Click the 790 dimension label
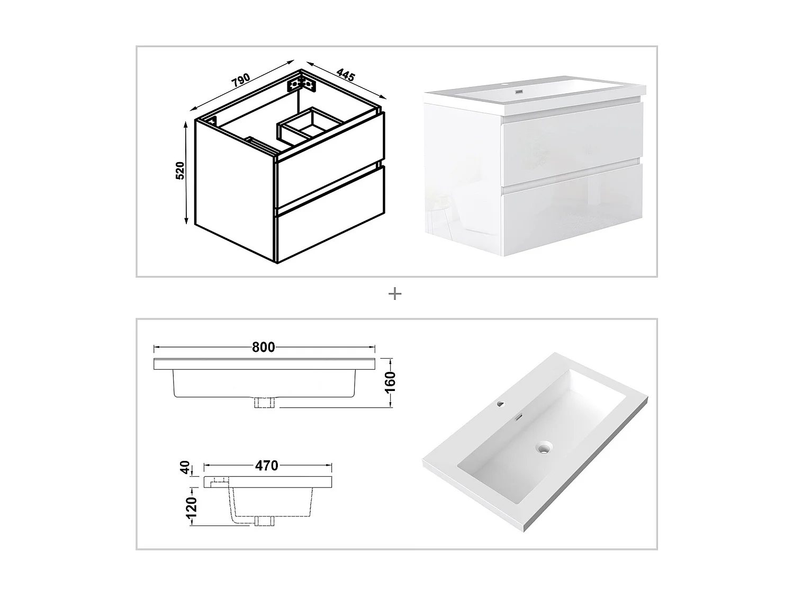click(241, 81)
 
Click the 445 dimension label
click(346, 75)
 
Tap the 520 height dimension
click(180, 171)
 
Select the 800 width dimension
click(263, 347)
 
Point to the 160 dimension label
click(390, 382)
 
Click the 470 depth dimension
click(267, 466)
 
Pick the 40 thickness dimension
click(185, 467)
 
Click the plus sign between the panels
click(395, 294)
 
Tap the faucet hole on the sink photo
click(501, 404)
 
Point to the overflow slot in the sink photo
click(518, 418)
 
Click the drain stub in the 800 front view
click(264, 402)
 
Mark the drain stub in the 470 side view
click(265, 521)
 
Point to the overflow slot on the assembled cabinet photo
click(519, 92)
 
